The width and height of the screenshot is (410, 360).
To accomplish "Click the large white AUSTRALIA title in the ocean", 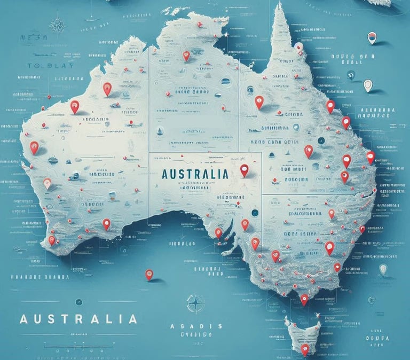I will [78, 319].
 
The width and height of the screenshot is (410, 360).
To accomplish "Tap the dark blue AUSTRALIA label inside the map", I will [194, 174].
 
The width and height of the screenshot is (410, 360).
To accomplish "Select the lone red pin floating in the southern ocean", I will [149, 274].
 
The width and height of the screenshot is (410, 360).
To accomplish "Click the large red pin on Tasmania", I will [305, 349].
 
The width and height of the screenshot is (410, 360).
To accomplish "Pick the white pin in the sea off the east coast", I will [368, 85].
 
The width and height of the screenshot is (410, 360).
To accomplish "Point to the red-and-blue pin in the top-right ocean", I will [372, 37].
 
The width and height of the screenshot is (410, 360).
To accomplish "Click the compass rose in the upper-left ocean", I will [57, 25].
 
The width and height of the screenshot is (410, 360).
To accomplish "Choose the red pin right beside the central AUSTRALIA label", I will [245, 170].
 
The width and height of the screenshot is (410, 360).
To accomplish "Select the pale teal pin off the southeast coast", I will [383, 269].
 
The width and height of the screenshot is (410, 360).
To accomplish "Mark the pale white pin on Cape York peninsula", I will [299, 48].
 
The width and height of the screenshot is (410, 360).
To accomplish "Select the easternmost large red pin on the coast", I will [370, 156].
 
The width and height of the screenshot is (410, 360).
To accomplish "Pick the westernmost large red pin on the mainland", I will [34, 147].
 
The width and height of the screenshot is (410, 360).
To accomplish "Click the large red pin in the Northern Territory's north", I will [186, 55].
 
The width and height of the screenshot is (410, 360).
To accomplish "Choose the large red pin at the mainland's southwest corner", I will [52, 240].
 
